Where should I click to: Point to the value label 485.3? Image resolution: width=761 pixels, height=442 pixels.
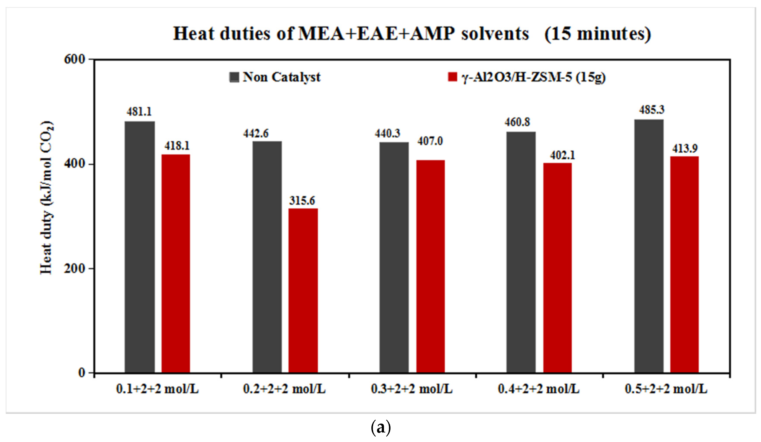[x=651, y=110]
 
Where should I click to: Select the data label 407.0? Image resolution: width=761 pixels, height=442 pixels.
[x=430, y=141]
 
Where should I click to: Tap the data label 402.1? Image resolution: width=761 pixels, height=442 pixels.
[x=563, y=155]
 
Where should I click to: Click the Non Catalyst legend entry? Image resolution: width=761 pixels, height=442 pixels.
[x=275, y=77]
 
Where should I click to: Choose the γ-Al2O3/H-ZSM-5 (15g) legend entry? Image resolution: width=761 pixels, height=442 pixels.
[x=527, y=77]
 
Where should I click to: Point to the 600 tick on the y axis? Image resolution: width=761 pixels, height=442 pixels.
[x=75, y=59]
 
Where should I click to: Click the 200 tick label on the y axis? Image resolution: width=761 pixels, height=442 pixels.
[x=75, y=268]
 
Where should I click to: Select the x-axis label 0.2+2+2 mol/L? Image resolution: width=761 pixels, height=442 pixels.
[x=284, y=389]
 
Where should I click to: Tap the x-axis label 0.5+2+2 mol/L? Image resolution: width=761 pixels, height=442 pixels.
[x=666, y=389]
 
